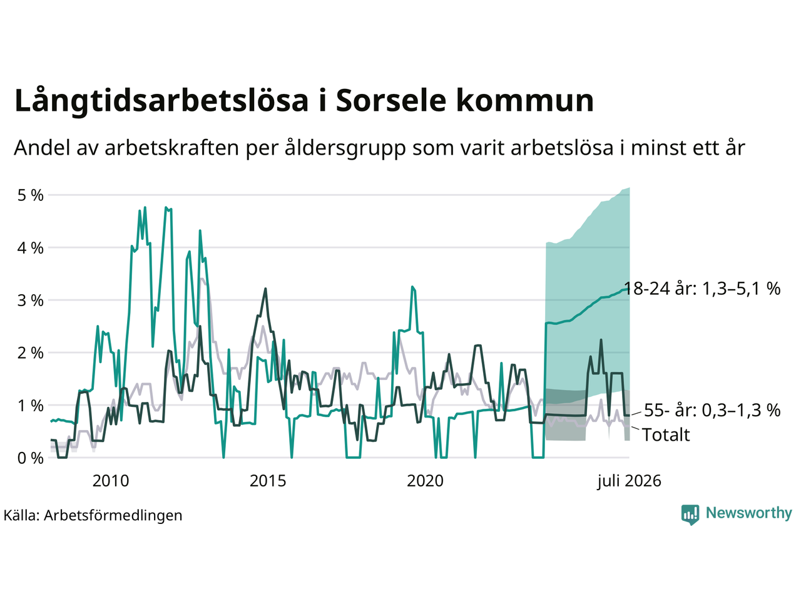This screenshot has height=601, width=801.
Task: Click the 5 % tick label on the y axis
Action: pyautogui.click(x=30, y=195)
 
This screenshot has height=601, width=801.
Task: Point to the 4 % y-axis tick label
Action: pyautogui.click(x=30, y=248)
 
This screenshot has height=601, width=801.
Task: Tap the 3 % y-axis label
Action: pyautogui.click(x=30, y=300)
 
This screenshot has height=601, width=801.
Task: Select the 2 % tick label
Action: pyautogui.click(x=30, y=353)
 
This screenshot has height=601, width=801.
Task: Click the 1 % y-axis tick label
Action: pyautogui.click(x=30, y=406)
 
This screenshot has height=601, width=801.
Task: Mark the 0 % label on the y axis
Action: pyautogui.click(x=30, y=458)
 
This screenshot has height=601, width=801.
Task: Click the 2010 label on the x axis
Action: pyautogui.click(x=111, y=481)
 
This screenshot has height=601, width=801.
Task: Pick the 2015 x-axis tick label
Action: pyautogui.click(x=268, y=481)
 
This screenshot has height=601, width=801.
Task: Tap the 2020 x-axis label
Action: pyautogui.click(x=425, y=481)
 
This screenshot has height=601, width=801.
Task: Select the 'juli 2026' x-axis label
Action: pyautogui.click(x=629, y=481)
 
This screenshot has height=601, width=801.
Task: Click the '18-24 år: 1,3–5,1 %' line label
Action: pyautogui.click(x=703, y=288)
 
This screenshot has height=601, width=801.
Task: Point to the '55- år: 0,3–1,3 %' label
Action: pyautogui.click(x=712, y=410)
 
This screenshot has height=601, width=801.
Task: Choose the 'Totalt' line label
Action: pyautogui.click(x=666, y=435)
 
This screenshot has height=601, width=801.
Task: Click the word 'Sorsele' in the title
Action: pyautogui.click(x=391, y=100)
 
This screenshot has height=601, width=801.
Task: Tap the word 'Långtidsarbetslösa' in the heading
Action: pyautogui.click(x=161, y=100)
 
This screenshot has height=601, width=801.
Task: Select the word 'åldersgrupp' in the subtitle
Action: pyautogui.click(x=345, y=148)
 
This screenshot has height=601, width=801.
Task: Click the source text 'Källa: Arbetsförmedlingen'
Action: pyautogui.click(x=93, y=516)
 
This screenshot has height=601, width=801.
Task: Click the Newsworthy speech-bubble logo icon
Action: pyautogui.click(x=690, y=515)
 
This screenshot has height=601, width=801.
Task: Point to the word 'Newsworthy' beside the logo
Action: pyautogui.click(x=749, y=513)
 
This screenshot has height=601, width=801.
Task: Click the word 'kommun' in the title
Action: pyautogui.click(x=525, y=100)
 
